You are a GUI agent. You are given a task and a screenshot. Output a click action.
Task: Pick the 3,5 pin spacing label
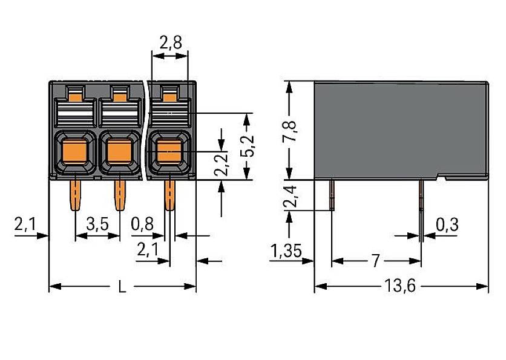pos(97,225)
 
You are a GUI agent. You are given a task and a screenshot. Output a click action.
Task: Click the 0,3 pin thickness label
pos(447,225)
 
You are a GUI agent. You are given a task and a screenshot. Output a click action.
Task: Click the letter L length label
pos(122,287)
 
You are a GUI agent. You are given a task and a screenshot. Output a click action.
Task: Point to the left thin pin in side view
pos(332,194)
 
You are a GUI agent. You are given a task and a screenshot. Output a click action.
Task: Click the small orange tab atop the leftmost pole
pos(75,94)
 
